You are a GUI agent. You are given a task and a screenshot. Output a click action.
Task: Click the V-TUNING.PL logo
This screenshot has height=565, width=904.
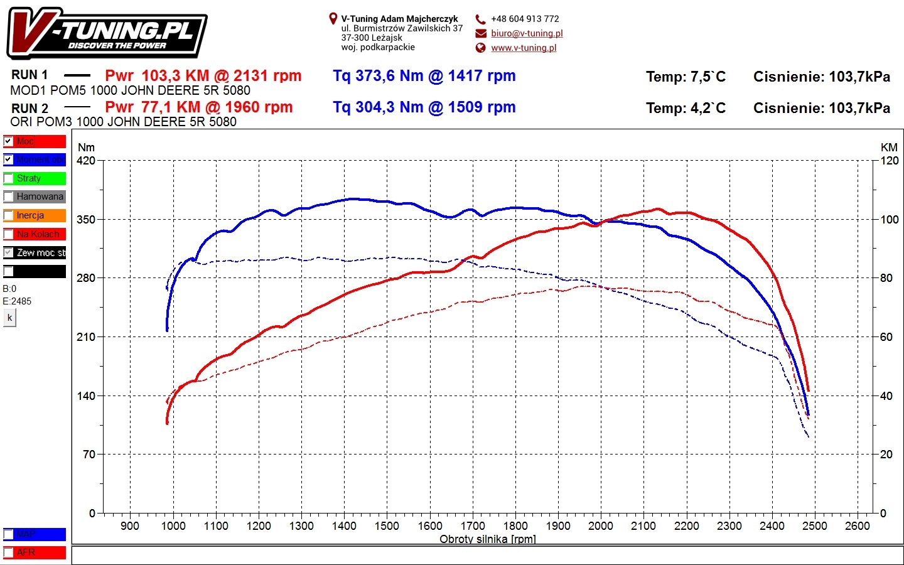[x=107, y=33]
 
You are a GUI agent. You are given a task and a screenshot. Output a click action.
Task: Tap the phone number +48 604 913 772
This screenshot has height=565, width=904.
[x=525, y=19]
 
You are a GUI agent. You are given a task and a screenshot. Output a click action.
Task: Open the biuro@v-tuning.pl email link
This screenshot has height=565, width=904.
[x=527, y=33]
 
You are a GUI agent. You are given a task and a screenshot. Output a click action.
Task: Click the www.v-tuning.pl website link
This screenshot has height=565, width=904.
[x=524, y=48]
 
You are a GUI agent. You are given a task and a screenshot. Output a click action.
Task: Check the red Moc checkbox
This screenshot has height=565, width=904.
[x=9, y=141]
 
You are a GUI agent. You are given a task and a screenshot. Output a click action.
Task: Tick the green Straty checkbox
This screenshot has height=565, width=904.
[x=9, y=178]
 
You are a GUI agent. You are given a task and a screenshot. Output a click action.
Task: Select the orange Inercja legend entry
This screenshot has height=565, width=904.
[x=35, y=215]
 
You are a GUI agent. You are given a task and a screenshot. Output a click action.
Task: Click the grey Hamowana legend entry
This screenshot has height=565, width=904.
[x=35, y=196]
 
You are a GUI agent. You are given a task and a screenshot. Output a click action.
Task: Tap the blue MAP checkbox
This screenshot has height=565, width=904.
[x=9, y=534]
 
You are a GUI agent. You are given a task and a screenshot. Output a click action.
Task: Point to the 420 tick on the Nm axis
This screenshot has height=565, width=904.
[x=86, y=161]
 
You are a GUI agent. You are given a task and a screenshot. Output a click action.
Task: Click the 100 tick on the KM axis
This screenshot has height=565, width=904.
[x=890, y=219]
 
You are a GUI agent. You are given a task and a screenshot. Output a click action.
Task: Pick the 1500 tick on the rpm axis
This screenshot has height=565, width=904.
[x=387, y=526]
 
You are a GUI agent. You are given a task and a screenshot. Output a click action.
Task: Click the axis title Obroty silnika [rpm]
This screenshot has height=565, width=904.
[x=487, y=539]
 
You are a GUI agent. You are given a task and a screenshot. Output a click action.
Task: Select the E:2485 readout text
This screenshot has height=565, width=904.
[x=17, y=301]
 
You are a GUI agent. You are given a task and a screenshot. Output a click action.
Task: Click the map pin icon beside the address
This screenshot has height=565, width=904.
[x=333, y=19]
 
